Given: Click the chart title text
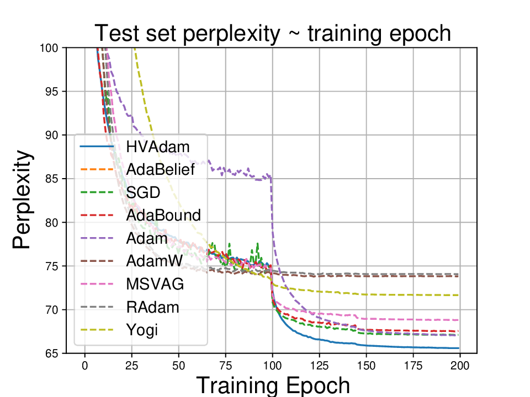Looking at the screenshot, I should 273,34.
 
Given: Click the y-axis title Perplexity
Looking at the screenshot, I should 22,201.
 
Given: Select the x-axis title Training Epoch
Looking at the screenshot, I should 273,384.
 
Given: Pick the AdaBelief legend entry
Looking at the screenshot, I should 160,169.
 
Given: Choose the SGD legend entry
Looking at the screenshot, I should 143,192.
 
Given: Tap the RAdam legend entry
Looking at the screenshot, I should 152,307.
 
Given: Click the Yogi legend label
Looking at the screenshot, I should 141,330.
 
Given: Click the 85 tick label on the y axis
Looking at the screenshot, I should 54,179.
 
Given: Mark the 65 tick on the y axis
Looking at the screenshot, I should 54,353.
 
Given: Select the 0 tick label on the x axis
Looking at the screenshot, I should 85,366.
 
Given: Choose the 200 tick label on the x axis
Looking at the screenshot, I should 460,366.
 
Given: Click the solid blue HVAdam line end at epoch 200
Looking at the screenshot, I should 458,348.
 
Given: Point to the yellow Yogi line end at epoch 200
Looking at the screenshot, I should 458,295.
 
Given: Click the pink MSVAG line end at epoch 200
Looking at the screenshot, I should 458,320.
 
